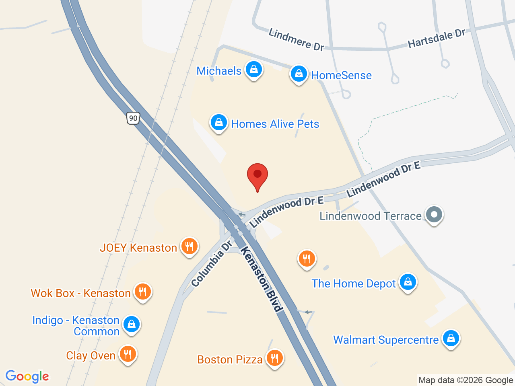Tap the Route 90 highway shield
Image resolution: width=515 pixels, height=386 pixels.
(x=133, y=118)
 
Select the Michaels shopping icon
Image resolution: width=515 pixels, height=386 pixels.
(x=253, y=70)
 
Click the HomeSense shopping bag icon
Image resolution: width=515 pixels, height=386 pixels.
(x=299, y=74)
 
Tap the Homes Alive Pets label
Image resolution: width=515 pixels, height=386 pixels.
(x=275, y=124)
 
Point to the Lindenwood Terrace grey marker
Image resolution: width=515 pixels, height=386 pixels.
(x=434, y=215)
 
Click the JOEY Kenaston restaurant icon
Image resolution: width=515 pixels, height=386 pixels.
(x=189, y=246)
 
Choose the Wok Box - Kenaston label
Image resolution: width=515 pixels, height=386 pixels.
(x=81, y=293)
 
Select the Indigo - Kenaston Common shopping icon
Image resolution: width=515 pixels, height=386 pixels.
(x=132, y=324)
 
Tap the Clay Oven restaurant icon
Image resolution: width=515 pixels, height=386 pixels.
(x=128, y=354)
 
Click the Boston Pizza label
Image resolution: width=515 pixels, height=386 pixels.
(x=230, y=359)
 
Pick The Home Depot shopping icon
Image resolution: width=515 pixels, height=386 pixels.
(x=408, y=282)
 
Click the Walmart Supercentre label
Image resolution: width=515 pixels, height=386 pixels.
(x=386, y=340)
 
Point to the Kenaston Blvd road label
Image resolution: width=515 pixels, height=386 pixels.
(x=262, y=279)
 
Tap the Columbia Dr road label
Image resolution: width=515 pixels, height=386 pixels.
(x=212, y=264)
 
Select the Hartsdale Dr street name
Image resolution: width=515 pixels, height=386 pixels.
(x=437, y=39)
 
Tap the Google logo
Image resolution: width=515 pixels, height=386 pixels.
(x=27, y=376)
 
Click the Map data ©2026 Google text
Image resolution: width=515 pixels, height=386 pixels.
(x=466, y=380)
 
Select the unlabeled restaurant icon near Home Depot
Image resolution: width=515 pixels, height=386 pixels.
(x=307, y=259)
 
